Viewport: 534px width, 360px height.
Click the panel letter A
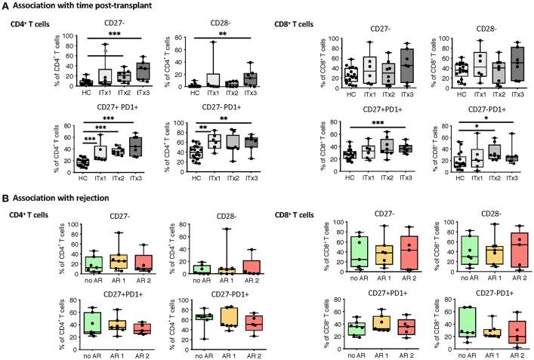[5, 7]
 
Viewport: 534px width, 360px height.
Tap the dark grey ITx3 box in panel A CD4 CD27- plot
[142, 72]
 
